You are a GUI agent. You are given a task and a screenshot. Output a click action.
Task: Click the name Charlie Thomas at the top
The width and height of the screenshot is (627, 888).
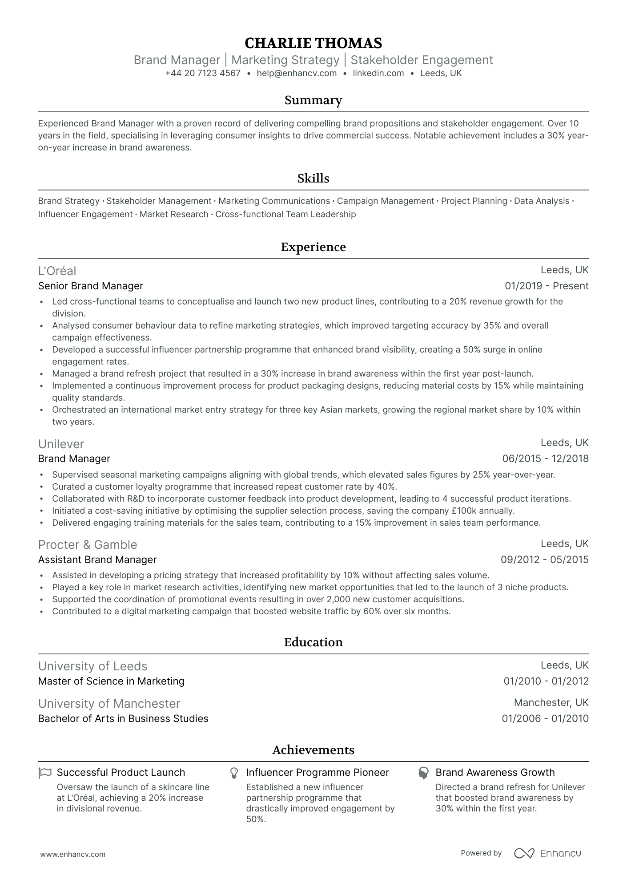(x=313, y=43)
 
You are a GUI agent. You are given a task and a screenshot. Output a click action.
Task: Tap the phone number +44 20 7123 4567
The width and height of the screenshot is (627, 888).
(x=202, y=73)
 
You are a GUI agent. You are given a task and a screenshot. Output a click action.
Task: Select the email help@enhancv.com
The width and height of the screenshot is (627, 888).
(x=297, y=73)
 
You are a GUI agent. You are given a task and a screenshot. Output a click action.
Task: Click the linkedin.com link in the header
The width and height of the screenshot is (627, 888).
(x=378, y=73)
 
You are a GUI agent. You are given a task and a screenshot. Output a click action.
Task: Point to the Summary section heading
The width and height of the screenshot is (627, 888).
(x=313, y=100)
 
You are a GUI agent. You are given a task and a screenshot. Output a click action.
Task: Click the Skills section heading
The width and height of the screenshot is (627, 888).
(x=313, y=178)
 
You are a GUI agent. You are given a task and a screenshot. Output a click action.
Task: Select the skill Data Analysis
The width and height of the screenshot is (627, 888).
(x=542, y=201)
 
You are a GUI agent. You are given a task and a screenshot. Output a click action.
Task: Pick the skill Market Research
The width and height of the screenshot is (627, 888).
(x=174, y=215)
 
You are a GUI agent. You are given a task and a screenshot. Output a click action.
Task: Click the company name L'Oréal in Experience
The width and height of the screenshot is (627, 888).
(x=57, y=271)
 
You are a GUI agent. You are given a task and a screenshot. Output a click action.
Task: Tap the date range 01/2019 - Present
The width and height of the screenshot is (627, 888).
(x=547, y=286)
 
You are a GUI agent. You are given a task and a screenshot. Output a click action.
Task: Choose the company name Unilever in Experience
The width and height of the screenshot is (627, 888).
(x=61, y=444)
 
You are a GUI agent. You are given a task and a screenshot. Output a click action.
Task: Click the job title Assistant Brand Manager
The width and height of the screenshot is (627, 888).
(x=97, y=560)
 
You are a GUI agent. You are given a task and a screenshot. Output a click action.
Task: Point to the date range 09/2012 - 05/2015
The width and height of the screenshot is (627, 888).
(x=544, y=560)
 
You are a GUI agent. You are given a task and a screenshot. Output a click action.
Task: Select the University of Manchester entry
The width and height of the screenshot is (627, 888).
(x=109, y=704)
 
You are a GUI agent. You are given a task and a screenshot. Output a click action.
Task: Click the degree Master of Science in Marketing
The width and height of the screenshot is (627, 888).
(x=111, y=681)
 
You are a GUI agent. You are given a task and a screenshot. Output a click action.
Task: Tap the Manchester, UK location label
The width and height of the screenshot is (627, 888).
(x=551, y=703)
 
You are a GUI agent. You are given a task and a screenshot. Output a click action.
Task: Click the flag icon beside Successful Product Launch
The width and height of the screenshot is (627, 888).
(x=45, y=773)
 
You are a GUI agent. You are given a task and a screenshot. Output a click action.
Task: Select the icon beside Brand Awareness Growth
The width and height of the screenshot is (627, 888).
(x=423, y=773)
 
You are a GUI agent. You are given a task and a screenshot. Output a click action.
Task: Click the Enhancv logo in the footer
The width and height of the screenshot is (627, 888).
(x=548, y=853)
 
